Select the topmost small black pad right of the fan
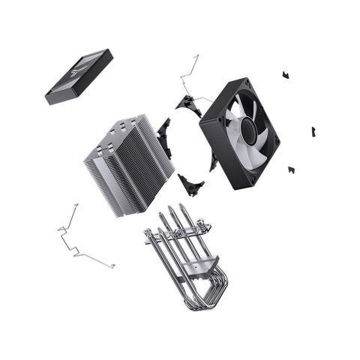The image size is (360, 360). [285, 74]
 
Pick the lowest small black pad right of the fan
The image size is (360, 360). [291, 169]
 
